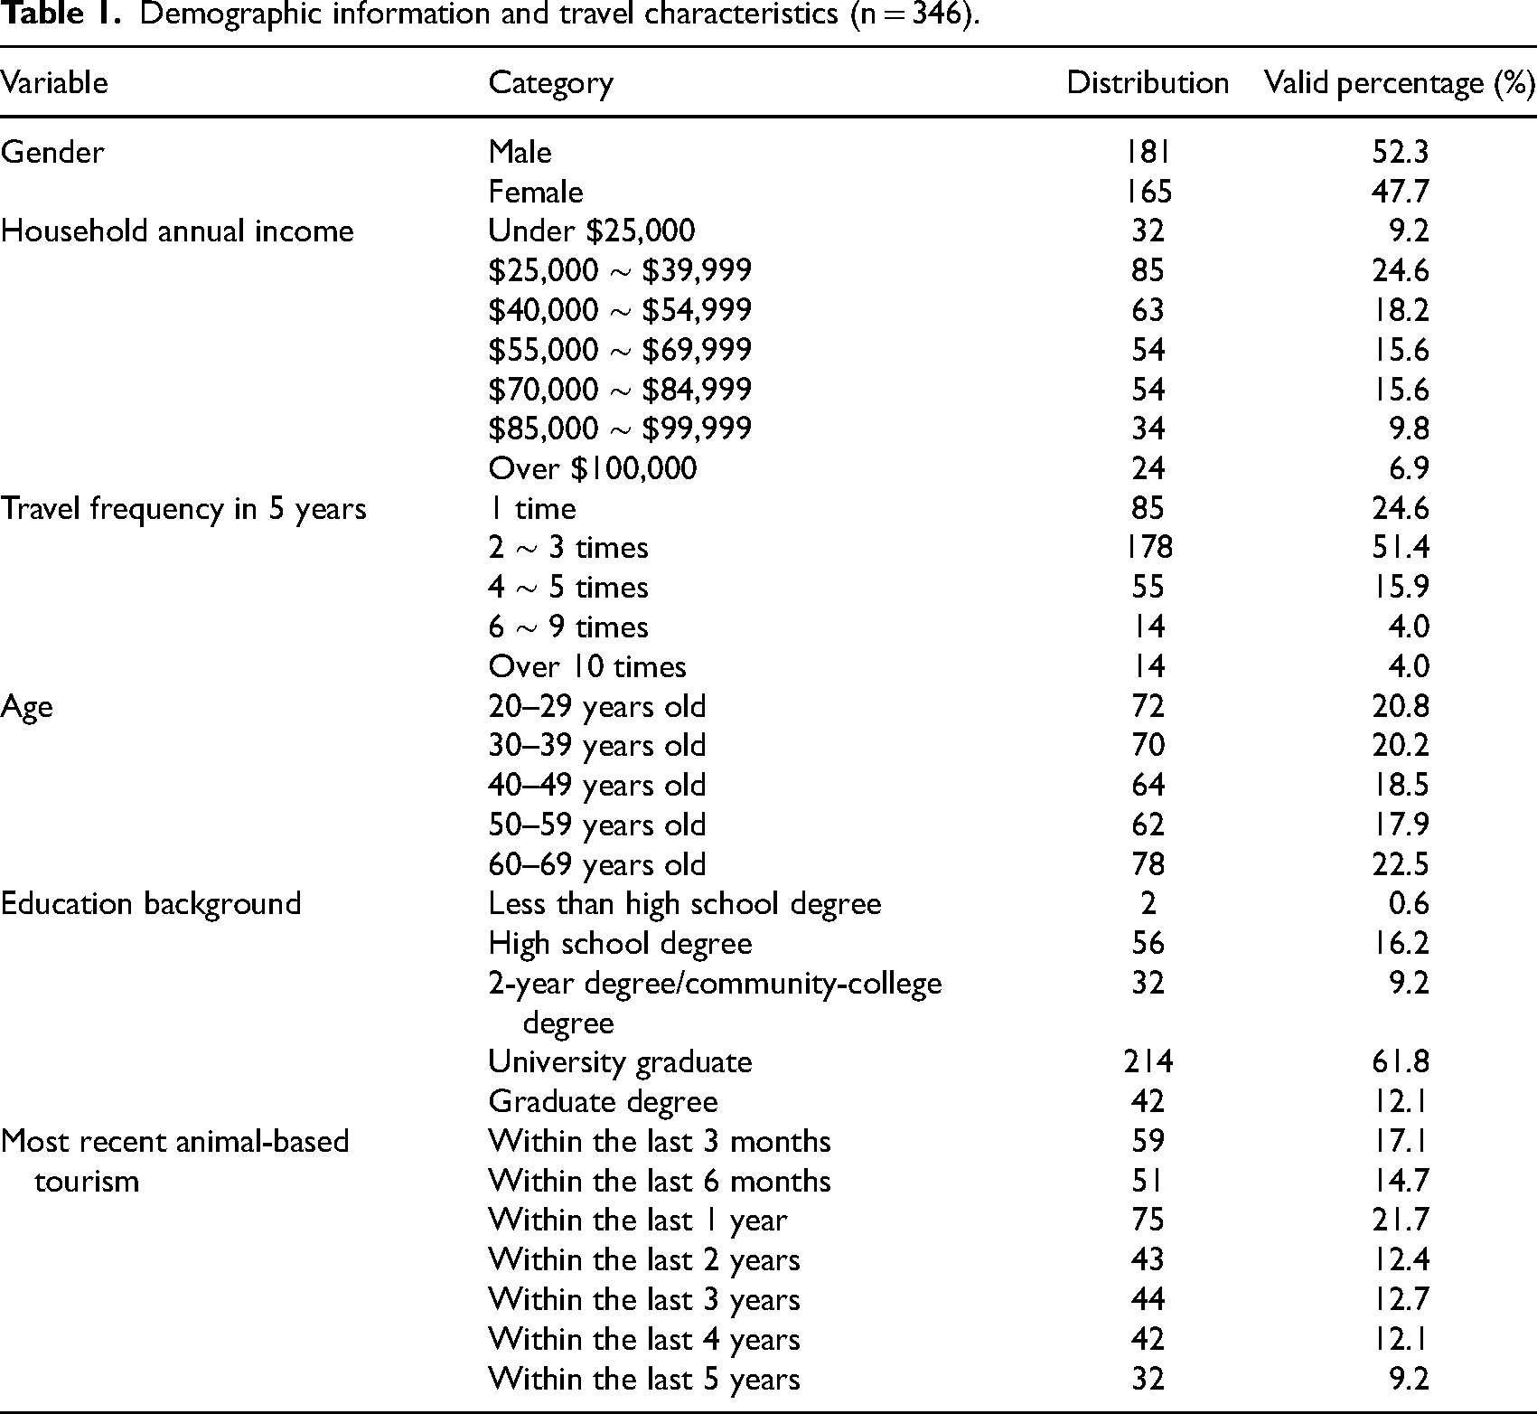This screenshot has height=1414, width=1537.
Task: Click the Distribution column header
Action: [x=1148, y=83]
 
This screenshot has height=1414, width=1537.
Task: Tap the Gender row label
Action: [x=52, y=151]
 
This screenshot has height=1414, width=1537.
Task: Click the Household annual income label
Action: [x=177, y=231]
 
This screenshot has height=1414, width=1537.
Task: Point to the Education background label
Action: [x=151, y=904]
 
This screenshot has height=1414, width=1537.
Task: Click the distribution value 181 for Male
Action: [x=1148, y=151]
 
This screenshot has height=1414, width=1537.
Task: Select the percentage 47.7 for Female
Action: [x=1400, y=192]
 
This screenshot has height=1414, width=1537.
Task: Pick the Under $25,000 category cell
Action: [x=592, y=231]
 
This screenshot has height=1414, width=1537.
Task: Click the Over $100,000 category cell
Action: [x=593, y=468]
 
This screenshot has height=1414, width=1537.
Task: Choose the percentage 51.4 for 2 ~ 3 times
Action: [x=1400, y=548]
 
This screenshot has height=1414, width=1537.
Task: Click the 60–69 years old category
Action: [x=597, y=864]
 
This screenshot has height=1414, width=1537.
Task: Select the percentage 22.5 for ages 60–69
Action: [x=1400, y=864]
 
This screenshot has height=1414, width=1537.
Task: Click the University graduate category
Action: [x=620, y=1061]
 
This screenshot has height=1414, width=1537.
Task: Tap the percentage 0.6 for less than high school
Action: [x=1410, y=904]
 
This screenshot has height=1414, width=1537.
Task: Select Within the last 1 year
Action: [x=638, y=1221]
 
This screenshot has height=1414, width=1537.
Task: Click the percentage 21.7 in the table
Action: [x=1400, y=1221]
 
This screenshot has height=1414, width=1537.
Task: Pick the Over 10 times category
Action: [x=587, y=667]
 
